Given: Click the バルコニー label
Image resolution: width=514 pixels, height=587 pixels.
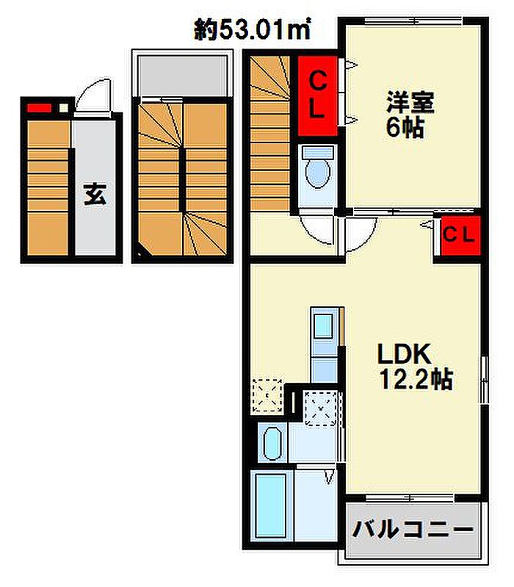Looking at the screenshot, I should pyautogui.click(x=410, y=528).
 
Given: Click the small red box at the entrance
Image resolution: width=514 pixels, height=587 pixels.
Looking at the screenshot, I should pyautogui.click(x=38, y=109).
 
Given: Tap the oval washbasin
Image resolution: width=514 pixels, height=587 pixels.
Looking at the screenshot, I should pyautogui.click(x=272, y=444).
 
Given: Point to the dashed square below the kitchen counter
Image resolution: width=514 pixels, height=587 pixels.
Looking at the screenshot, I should pyautogui.click(x=321, y=408).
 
